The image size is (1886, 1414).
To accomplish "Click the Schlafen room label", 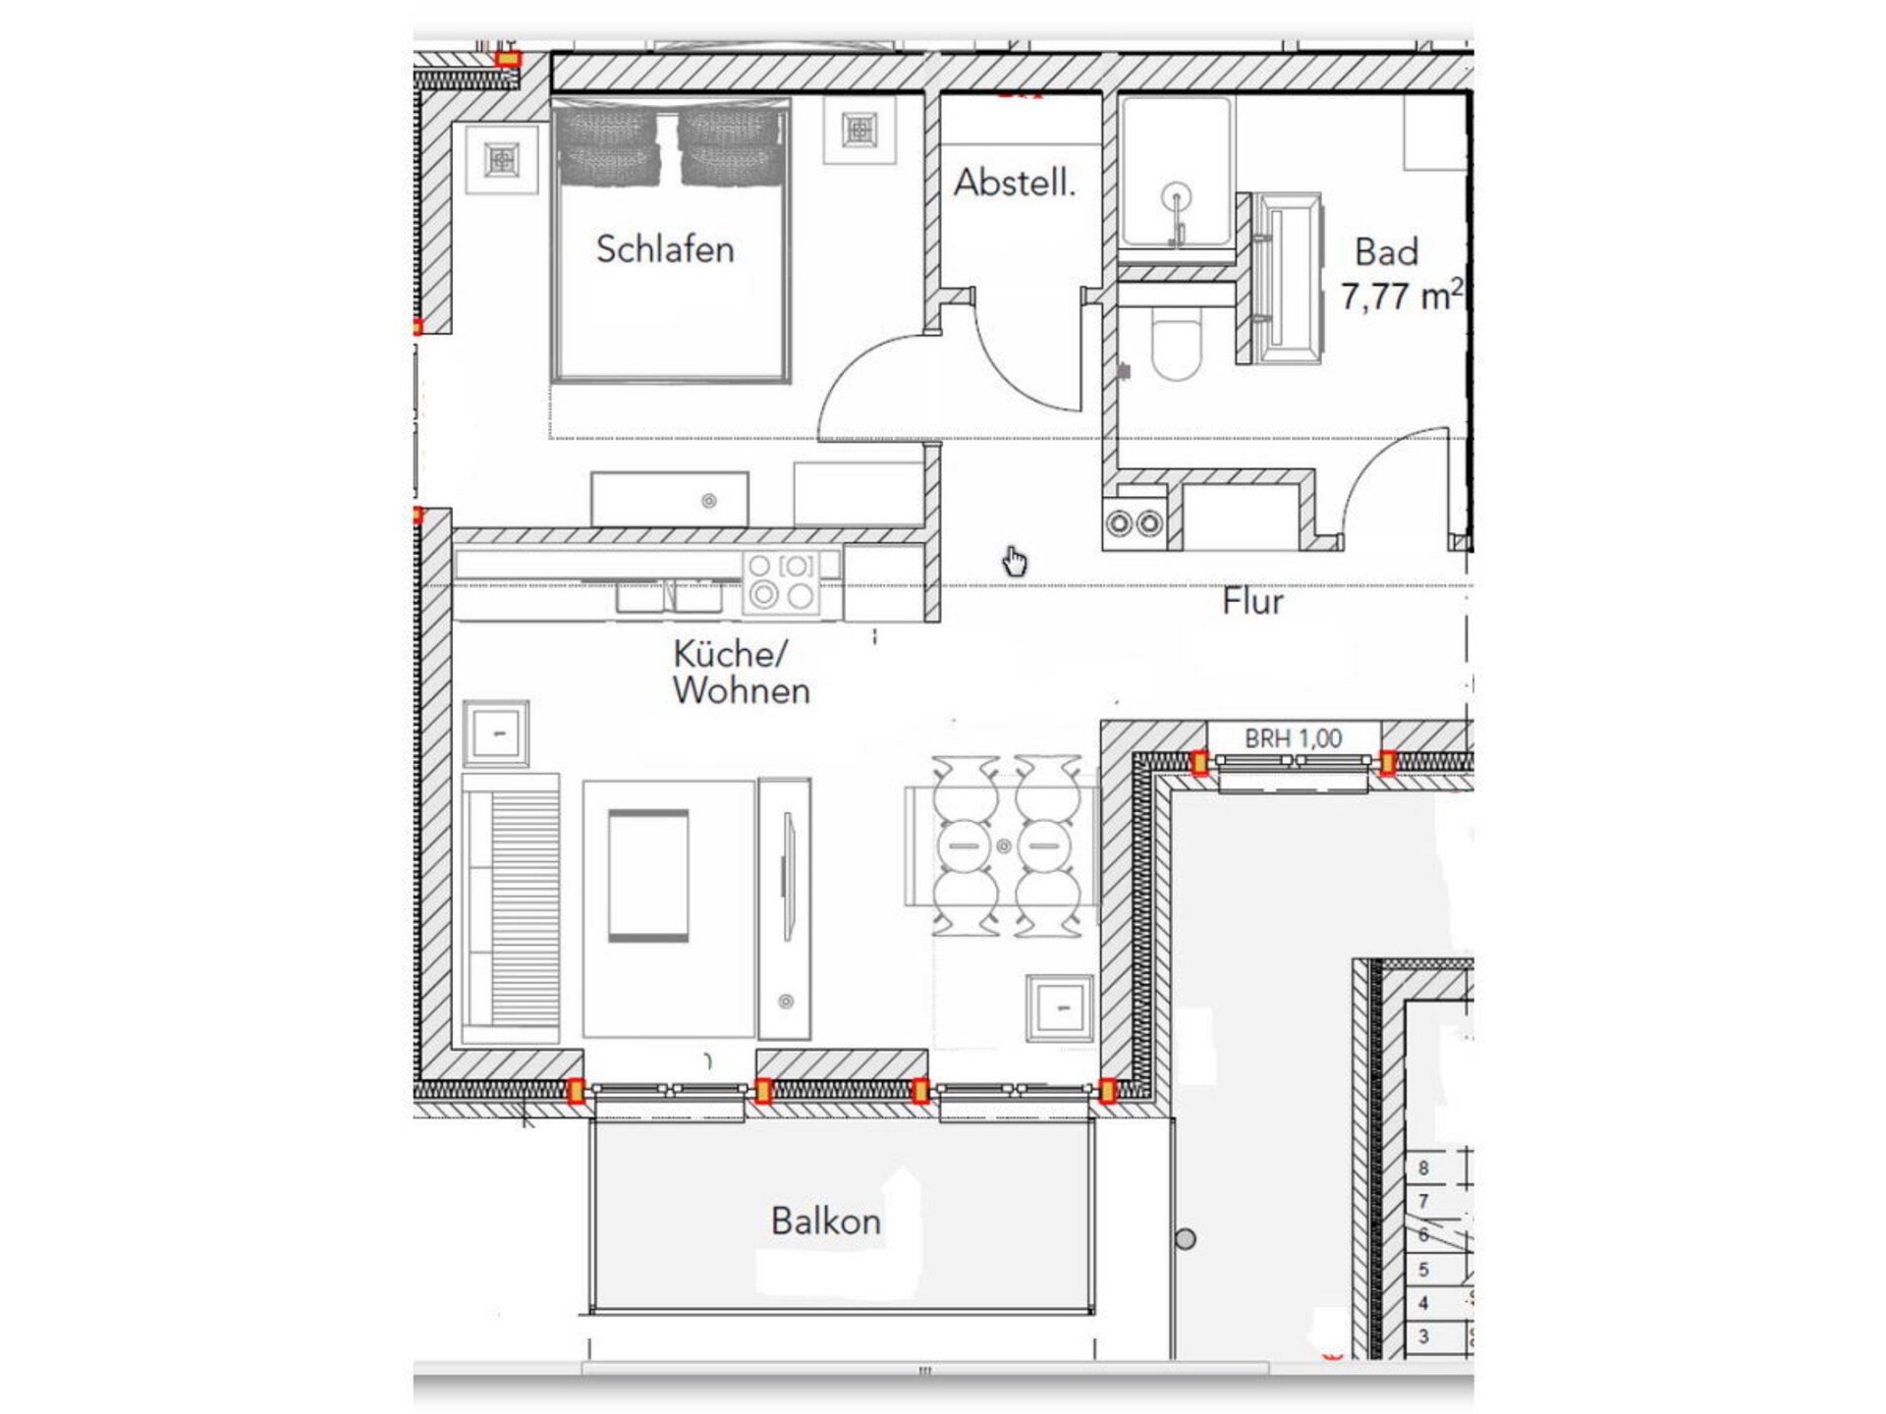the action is [x=665, y=249].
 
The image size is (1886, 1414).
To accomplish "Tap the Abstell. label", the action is [x=1015, y=183].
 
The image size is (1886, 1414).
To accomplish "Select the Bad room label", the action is [x=1386, y=252].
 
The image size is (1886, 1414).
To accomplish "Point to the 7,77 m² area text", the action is [x=1402, y=295].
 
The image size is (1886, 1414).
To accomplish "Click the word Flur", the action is [x=1252, y=601].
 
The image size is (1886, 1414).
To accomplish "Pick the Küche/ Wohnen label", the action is [x=741, y=673].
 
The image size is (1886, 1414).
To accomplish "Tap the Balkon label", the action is [x=825, y=1222].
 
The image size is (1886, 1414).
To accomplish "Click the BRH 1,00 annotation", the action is [x=1293, y=738].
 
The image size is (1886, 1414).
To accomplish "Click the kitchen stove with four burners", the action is [x=781, y=583].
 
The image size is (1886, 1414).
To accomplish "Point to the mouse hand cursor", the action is [x=1015, y=562].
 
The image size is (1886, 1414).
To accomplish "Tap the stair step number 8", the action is [x=1423, y=1169].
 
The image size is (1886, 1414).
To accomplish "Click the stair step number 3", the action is [x=1423, y=1336].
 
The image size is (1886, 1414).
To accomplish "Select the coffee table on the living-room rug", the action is [x=648, y=875].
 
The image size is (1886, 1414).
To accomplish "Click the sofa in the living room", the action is [x=511, y=908].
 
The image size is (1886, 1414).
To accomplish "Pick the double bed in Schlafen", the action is [x=671, y=244].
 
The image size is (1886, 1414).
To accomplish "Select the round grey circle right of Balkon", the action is [x=1186, y=1239].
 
